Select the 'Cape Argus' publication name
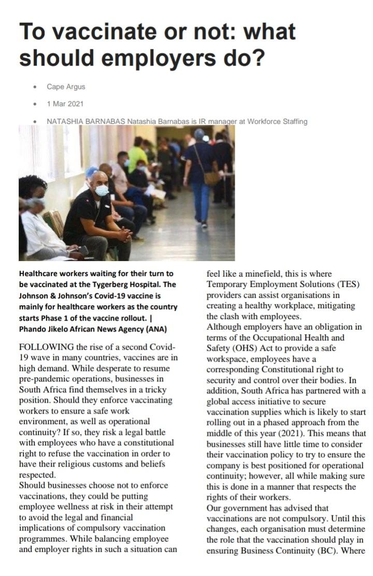66,87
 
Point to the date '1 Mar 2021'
65,104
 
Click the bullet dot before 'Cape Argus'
35,87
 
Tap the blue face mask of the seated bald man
102,190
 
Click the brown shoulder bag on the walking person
211,177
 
